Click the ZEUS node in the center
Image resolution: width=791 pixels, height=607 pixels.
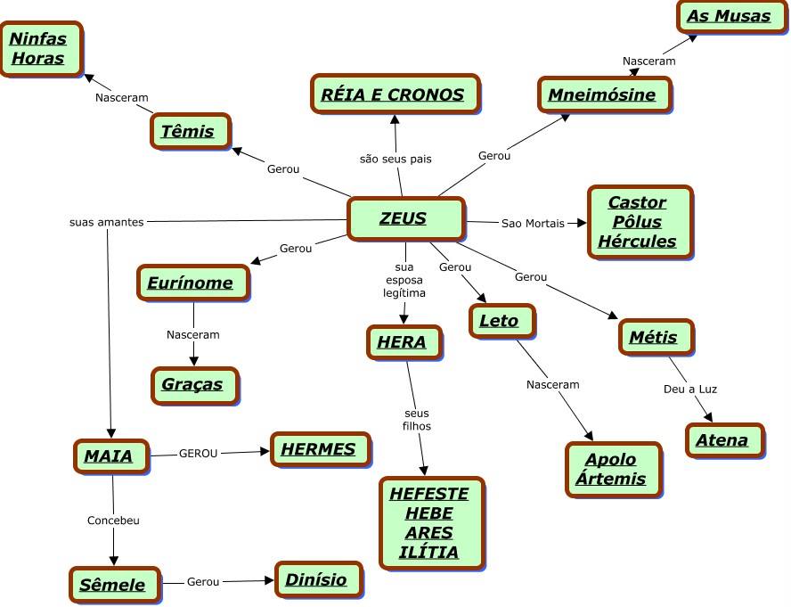pos(404,218)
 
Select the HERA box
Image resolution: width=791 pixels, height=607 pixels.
pos(403,341)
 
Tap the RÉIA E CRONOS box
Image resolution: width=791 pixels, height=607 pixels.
pos(395,94)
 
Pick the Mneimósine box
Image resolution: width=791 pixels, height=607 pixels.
pos(603,95)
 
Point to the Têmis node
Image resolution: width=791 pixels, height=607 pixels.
pos(189,132)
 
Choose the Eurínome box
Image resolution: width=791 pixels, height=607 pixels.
pos(192,283)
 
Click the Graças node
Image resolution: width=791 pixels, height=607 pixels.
pos(192,385)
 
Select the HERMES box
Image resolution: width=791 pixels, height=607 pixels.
pos(319,450)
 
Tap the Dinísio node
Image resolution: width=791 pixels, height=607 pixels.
pos(317,580)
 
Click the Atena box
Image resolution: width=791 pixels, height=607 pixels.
pos(723,440)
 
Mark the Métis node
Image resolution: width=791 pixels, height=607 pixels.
pos(654,338)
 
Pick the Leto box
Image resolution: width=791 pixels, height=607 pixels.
pos(500,321)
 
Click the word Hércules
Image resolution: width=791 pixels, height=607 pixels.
pos(638,242)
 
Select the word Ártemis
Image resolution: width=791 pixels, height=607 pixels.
pos(611,480)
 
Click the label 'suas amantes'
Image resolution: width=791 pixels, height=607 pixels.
pos(106,222)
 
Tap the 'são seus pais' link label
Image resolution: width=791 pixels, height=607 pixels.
pos(395,159)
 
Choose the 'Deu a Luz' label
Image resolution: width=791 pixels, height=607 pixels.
pos(690,389)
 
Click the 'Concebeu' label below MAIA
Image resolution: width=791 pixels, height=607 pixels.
pos(113,520)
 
